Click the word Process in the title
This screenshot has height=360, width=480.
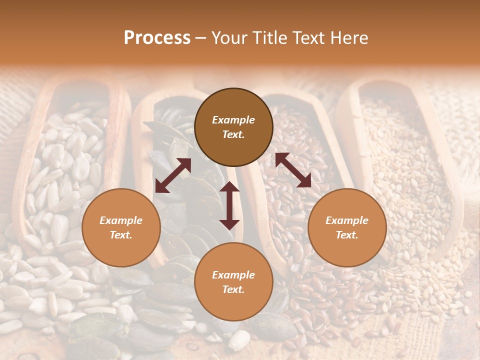tap(157, 38)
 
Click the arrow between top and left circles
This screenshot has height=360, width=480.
tap(173, 175)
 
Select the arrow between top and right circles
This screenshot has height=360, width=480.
tap(293, 170)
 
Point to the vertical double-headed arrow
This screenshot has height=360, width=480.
tap(229, 205)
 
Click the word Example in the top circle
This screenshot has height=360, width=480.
tap(233, 120)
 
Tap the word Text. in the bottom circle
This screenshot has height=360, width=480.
tap(233, 289)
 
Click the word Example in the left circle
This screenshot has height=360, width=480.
tap(121, 220)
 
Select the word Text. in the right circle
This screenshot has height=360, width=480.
tap(347, 235)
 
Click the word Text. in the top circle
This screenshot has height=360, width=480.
tap(233, 135)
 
